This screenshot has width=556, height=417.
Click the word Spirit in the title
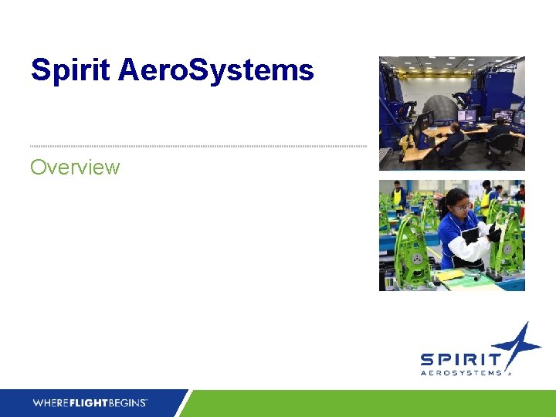click(70, 71)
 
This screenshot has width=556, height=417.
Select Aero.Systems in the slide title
click(216, 71)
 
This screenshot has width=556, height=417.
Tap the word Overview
click(75, 167)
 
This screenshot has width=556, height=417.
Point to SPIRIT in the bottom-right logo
click(460, 360)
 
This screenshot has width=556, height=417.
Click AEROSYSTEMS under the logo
click(463, 372)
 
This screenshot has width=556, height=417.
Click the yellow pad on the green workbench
click(451, 273)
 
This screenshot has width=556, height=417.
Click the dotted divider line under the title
click(198, 146)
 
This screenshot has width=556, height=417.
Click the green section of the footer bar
click(371, 403)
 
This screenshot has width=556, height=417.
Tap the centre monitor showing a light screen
click(467, 116)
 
